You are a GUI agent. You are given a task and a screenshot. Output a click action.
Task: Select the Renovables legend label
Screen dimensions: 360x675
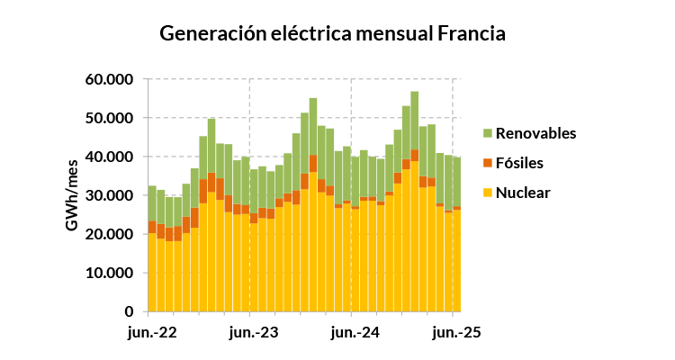coord(535,133)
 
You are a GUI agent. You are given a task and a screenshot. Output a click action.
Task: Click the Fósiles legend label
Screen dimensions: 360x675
coord(521,163)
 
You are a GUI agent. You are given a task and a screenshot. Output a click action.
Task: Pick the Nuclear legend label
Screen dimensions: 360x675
coord(523,193)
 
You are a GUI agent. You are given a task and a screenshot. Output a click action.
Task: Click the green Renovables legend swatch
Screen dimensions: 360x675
coord(488,133)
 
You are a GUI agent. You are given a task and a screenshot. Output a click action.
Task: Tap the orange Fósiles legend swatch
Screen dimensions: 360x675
coord(488,163)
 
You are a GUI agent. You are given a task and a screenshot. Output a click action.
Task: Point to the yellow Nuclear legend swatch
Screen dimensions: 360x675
coord(488,193)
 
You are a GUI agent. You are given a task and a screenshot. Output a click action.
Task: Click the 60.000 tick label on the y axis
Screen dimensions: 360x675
coord(111,79)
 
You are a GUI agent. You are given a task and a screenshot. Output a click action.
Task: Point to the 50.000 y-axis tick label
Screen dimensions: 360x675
coord(111,118)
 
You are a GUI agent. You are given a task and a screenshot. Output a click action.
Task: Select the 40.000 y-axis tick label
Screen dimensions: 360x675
coord(111,157)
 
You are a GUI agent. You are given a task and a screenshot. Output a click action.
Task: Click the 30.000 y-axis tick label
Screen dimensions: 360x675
coord(111,195)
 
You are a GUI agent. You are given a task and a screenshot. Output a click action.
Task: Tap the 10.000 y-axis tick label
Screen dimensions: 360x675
coord(111,273)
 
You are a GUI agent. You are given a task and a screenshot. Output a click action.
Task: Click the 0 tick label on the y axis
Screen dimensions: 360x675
coord(130,311)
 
